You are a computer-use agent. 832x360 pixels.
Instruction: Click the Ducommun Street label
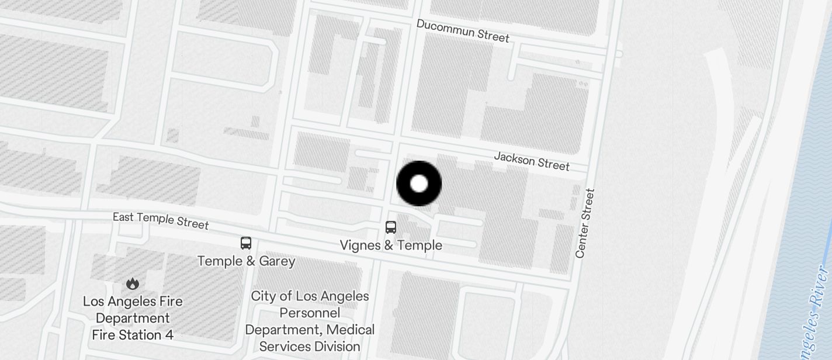[x=463, y=30]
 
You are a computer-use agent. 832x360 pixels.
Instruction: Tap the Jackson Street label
[x=532, y=161]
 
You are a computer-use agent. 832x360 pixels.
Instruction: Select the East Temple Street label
[x=161, y=220]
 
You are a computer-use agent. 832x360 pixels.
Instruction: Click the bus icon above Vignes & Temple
[x=391, y=227]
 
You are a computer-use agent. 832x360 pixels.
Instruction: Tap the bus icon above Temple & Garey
[x=246, y=243]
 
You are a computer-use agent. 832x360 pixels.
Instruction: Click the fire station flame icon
[x=133, y=284]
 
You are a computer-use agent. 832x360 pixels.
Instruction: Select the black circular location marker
[x=419, y=184]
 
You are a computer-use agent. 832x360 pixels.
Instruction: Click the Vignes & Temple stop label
[x=391, y=245]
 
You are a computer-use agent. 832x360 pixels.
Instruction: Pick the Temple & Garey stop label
[x=246, y=261]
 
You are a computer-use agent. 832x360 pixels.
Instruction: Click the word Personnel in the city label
[x=310, y=313]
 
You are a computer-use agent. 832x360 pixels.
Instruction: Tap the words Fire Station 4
[x=133, y=335]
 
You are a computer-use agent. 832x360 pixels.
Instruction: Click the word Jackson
[x=515, y=158]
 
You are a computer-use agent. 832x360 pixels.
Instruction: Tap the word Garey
[x=277, y=261]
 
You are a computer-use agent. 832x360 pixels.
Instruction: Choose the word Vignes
[x=358, y=245]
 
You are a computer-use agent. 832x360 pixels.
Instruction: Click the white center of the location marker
[x=419, y=184]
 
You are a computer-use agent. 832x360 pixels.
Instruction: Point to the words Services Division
[x=310, y=347]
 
